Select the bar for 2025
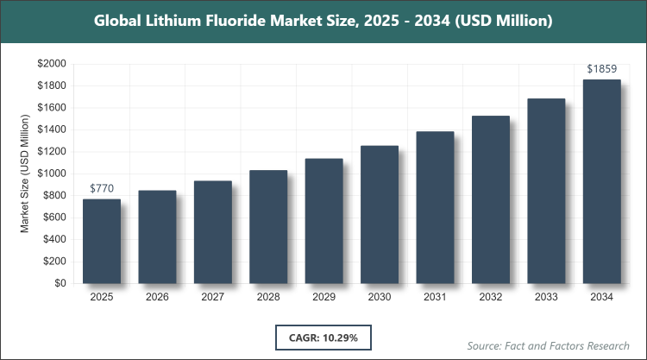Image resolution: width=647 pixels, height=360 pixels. click(102, 241)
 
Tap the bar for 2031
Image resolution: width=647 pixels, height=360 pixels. click(435, 207)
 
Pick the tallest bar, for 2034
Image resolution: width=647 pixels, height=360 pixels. click(601, 181)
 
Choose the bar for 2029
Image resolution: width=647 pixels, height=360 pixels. click(323, 221)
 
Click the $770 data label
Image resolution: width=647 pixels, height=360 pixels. click(102, 188)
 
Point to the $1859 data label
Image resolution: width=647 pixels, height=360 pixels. click(601, 68)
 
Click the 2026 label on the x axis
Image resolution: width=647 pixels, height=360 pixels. click(157, 297)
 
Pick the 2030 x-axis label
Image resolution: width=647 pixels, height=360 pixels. click(380, 297)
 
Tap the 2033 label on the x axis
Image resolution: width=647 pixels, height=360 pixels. click(546, 297)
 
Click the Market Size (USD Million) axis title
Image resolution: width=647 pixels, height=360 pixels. click(25, 174)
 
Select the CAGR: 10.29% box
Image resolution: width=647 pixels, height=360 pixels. click(323, 337)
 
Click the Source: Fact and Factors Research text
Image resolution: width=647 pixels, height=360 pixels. click(548, 344)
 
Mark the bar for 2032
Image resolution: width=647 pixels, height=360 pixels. click(490, 199)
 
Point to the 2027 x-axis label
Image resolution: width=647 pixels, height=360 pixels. click(213, 297)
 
